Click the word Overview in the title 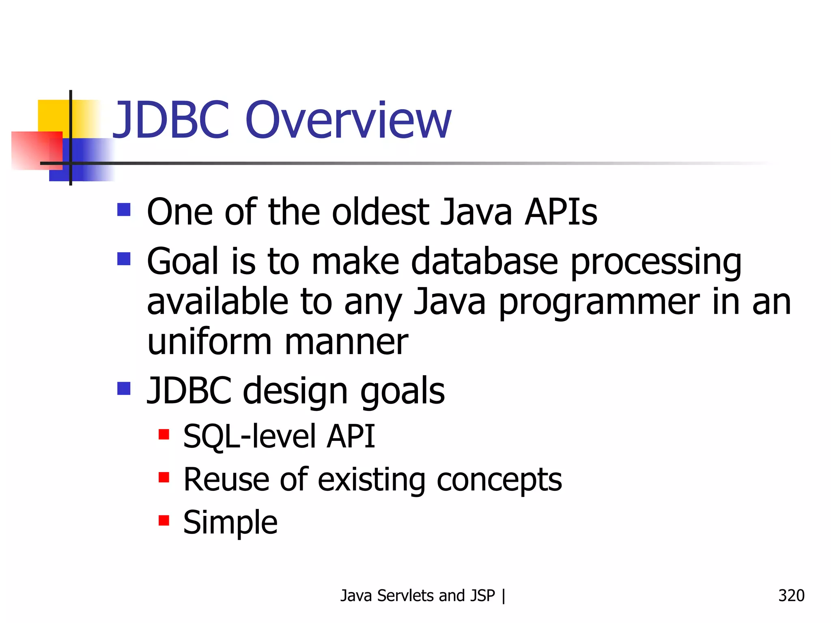coord(348,120)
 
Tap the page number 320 coord(791,595)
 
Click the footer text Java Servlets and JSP coord(418,595)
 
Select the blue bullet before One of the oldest coord(124,210)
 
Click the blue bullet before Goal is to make coord(124,258)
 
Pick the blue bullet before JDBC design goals coord(124,388)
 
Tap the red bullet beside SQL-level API coord(164,434)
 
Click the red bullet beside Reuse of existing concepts coord(164,477)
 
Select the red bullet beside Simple coord(164,520)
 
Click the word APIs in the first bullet coord(560,212)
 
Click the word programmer coord(599,303)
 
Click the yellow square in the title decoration coord(53,116)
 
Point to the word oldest coord(380,212)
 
